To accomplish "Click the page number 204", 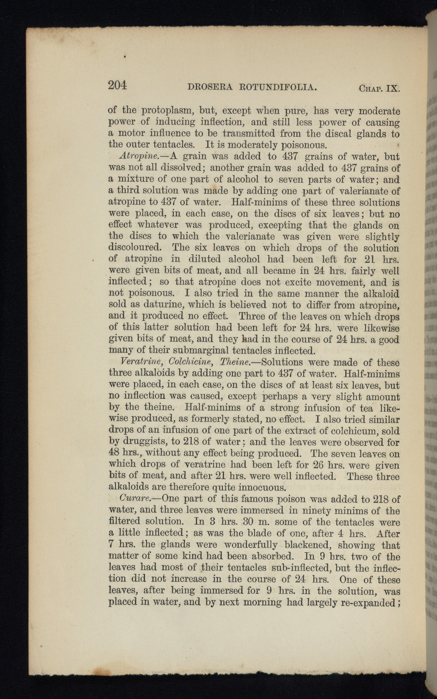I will click(118, 85).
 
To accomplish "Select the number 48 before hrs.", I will click(115, 454).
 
